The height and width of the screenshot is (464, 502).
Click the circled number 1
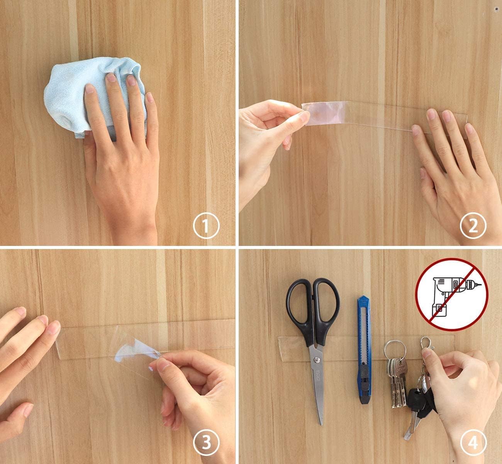pos(206,225)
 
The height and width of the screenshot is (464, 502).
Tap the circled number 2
pos(473,225)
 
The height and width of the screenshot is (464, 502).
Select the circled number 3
pos(206,443)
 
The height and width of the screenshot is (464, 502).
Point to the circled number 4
pos(473,443)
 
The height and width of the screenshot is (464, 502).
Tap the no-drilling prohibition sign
pos(452,294)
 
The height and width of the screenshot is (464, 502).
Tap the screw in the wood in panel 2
pos(496,10)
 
